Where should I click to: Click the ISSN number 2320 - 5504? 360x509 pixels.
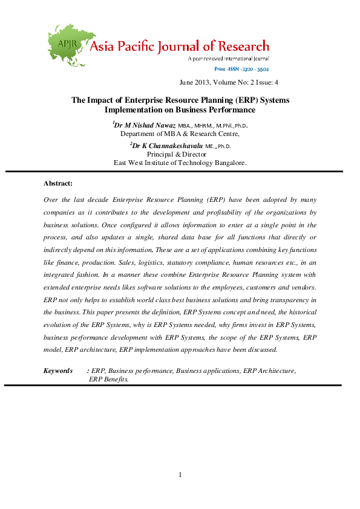255,70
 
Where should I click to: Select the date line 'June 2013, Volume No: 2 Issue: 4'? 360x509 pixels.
229,83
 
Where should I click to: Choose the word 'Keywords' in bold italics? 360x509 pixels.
58,371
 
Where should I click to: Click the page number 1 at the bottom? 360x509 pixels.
180,475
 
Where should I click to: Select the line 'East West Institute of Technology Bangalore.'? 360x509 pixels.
180,163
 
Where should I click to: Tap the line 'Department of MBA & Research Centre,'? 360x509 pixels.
180,134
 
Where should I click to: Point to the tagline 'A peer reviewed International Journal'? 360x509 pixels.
228,59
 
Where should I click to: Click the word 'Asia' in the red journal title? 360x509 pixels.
104,47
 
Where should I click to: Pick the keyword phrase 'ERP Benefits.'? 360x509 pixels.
109,379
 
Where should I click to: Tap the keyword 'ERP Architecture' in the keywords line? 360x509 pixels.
269,371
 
